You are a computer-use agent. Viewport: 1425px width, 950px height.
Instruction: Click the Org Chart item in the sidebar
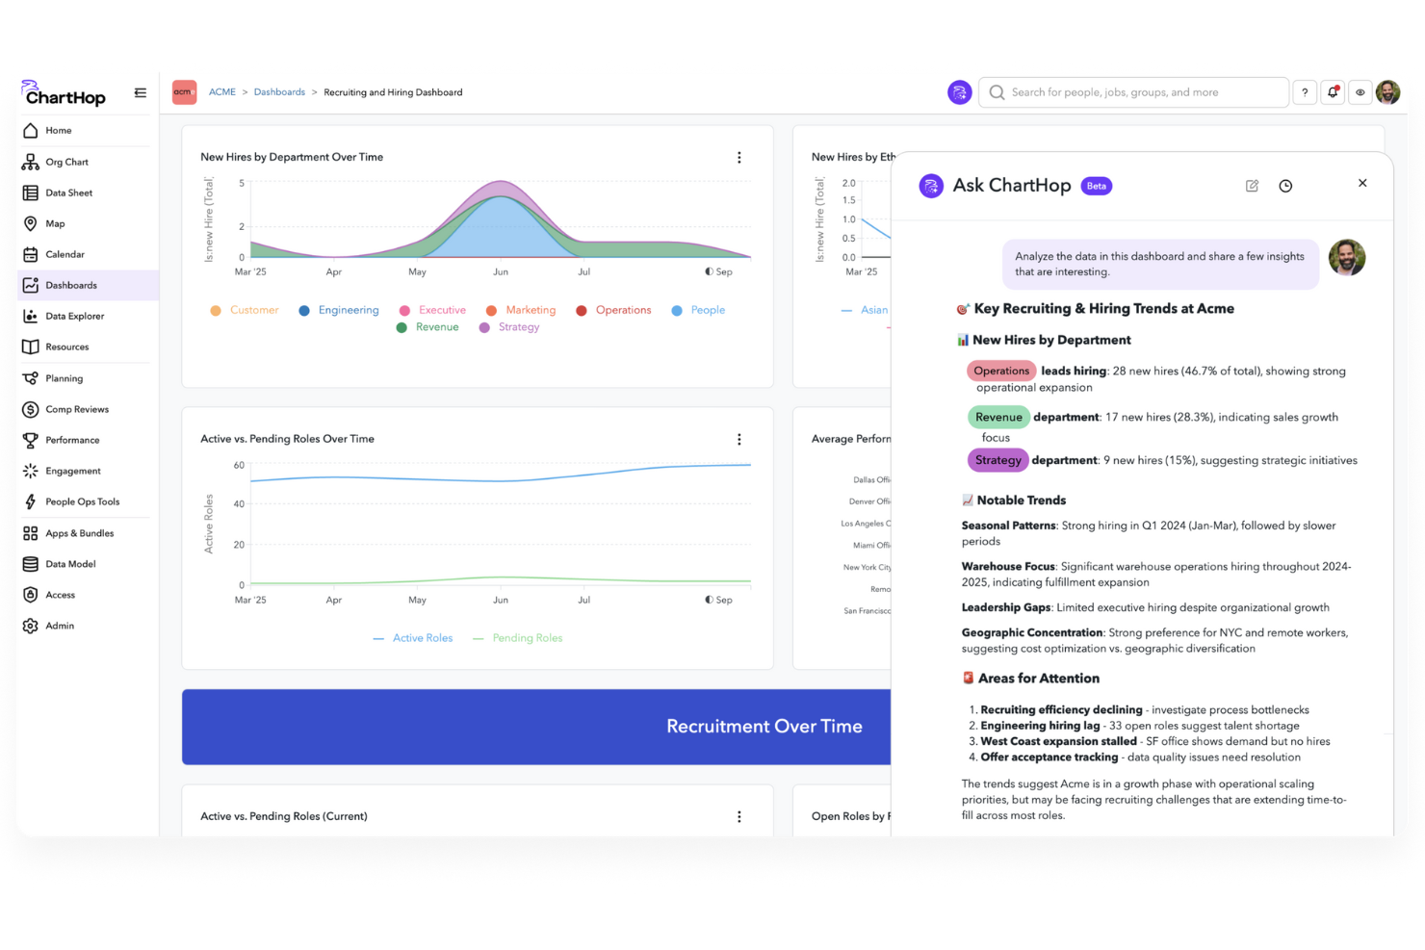point(65,162)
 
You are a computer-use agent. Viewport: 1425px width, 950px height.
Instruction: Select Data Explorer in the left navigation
point(74,316)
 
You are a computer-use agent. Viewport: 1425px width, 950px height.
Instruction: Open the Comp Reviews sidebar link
point(76,409)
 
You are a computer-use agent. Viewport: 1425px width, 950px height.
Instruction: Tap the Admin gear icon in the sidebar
point(31,626)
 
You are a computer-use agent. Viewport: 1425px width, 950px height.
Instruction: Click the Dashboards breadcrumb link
point(279,92)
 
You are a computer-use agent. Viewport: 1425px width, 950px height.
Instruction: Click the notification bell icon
point(1333,92)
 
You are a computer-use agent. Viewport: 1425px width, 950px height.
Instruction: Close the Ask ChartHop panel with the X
point(1362,183)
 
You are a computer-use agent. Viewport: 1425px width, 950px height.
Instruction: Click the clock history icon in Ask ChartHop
point(1285,186)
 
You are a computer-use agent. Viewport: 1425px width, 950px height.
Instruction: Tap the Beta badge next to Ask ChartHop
point(1097,186)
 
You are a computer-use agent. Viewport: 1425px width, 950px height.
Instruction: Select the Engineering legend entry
point(348,310)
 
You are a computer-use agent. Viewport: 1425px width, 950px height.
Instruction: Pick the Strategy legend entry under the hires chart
point(518,327)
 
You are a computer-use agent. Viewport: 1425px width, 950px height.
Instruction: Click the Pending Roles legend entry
point(527,638)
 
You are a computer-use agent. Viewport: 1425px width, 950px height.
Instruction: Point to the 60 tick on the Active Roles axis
point(239,465)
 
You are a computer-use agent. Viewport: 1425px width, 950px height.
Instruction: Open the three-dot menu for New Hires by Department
point(739,157)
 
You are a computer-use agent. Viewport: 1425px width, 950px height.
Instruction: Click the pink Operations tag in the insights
point(1000,371)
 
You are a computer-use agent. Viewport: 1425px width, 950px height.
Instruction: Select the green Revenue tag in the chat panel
point(997,417)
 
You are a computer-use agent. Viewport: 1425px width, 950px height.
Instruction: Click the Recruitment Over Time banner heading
point(764,727)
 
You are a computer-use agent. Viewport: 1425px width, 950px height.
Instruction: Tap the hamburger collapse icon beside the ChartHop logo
point(141,93)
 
